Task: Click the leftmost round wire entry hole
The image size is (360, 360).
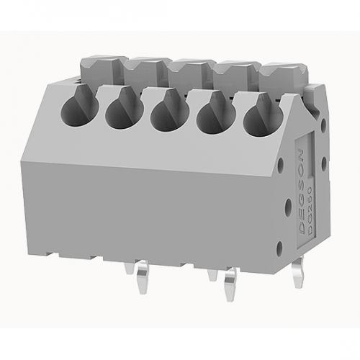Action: click(73, 109)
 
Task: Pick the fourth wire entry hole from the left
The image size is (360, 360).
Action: click(212, 114)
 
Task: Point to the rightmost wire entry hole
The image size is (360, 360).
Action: click(257, 117)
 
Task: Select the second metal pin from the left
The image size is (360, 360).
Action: click(212, 277)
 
